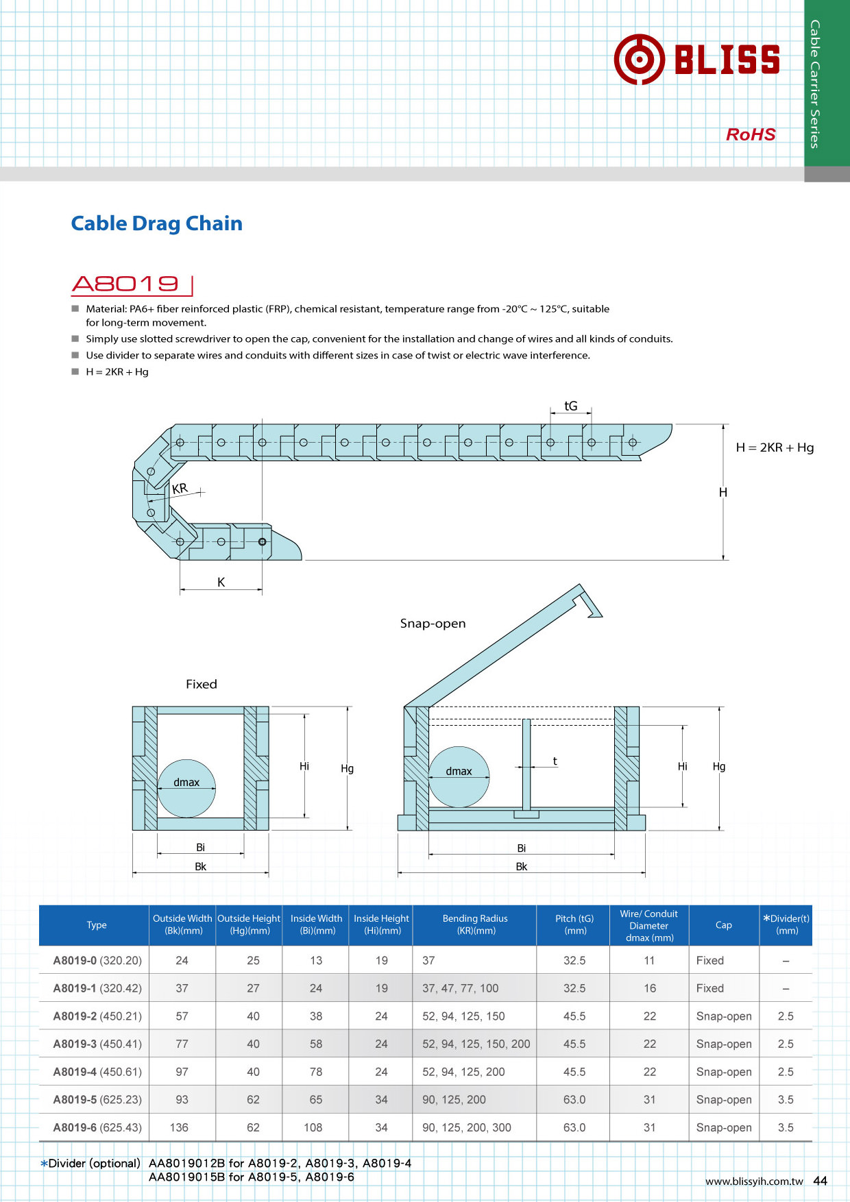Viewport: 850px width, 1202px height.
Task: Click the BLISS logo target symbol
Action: [x=639, y=60]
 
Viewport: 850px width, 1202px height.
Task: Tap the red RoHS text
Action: [x=751, y=134]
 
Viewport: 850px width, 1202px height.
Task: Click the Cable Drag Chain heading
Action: [x=157, y=223]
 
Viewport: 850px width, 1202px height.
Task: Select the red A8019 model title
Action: [x=125, y=284]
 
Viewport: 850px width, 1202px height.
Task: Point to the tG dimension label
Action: [x=570, y=406]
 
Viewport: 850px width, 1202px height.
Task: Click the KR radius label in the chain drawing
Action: [x=180, y=489]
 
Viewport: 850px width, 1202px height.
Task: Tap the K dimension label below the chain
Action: [x=221, y=582]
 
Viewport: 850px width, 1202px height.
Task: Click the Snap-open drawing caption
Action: [x=433, y=623]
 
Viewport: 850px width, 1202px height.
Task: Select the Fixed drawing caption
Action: [x=201, y=684]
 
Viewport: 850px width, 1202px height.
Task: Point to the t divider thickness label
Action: [x=555, y=761]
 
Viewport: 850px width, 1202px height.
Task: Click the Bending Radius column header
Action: [x=475, y=924]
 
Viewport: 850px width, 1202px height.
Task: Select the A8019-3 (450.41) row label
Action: [x=97, y=1044]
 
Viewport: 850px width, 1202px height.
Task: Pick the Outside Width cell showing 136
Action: [x=179, y=1127]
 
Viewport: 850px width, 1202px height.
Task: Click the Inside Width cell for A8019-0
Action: [x=315, y=960]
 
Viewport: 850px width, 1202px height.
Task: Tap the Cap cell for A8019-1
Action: [x=710, y=988]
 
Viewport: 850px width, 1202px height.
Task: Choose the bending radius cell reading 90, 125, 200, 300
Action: [x=467, y=1127]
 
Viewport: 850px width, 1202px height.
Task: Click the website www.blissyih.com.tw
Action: [x=754, y=1181]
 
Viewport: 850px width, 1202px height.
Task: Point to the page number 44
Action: [x=820, y=1181]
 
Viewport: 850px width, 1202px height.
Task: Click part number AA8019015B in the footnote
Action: [x=186, y=1177]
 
